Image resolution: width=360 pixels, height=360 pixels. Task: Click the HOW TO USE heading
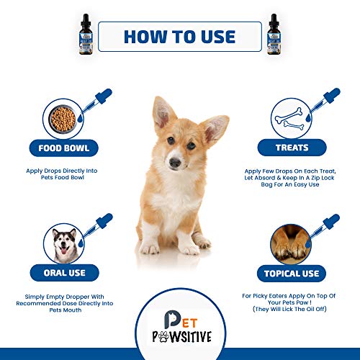(180, 36)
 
